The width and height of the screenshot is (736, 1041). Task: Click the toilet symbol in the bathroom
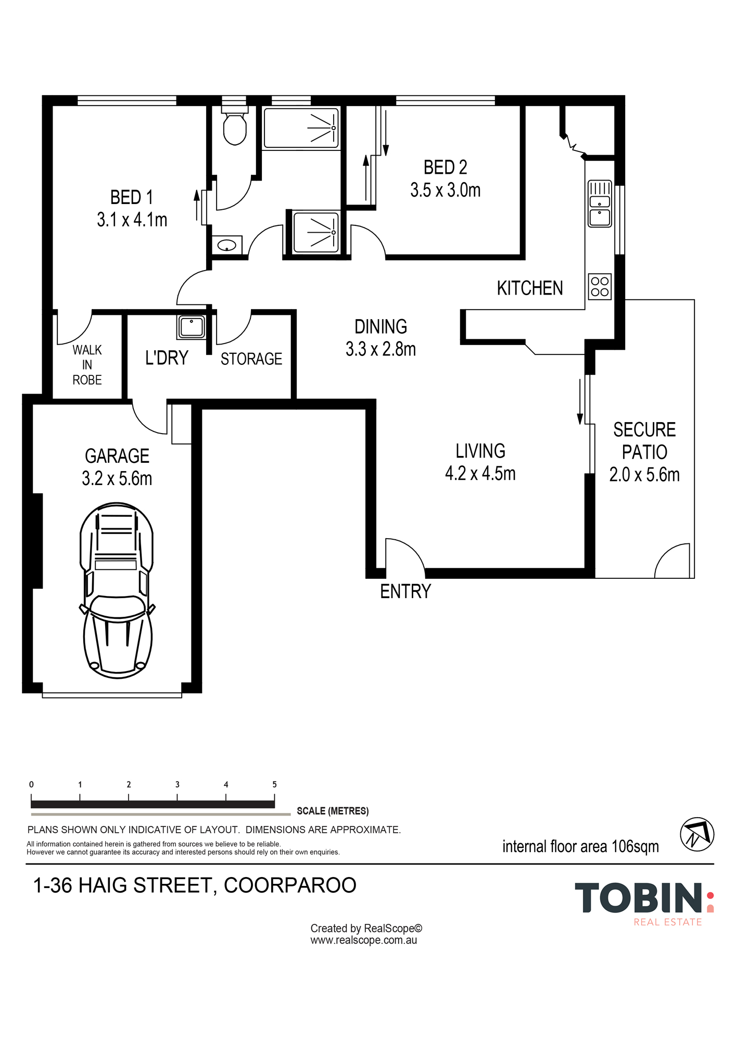click(x=235, y=128)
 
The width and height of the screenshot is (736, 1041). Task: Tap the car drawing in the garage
click(x=117, y=590)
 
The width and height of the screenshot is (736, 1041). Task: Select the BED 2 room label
click(x=445, y=168)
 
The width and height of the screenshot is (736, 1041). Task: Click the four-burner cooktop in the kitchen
click(x=600, y=286)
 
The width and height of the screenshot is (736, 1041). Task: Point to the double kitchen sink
click(x=600, y=204)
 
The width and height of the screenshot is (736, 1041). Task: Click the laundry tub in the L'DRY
click(x=192, y=327)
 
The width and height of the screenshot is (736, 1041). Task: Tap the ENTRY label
click(x=405, y=592)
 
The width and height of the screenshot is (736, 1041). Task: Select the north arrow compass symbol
click(x=697, y=834)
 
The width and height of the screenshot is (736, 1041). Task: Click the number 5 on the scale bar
click(x=274, y=784)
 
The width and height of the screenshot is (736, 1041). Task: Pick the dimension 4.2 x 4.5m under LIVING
click(x=480, y=474)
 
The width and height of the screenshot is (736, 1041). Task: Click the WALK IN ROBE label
click(x=87, y=365)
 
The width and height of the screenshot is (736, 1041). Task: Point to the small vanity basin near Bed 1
click(x=227, y=246)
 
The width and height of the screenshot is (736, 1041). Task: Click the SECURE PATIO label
click(x=644, y=441)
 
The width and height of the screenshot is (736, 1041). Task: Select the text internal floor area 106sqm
click(x=580, y=847)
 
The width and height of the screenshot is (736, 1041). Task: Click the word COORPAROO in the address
click(x=290, y=885)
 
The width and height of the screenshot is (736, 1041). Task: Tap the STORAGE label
click(x=251, y=359)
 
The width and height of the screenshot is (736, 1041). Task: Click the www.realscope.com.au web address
click(x=364, y=941)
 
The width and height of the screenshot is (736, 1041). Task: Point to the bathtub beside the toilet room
click(x=301, y=128)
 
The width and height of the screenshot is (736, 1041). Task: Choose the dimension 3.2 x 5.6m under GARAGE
click(x=117, y=479)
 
